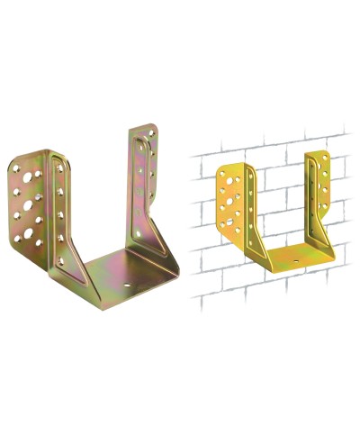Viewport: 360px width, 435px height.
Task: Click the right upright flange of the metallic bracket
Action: pos(149,189)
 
